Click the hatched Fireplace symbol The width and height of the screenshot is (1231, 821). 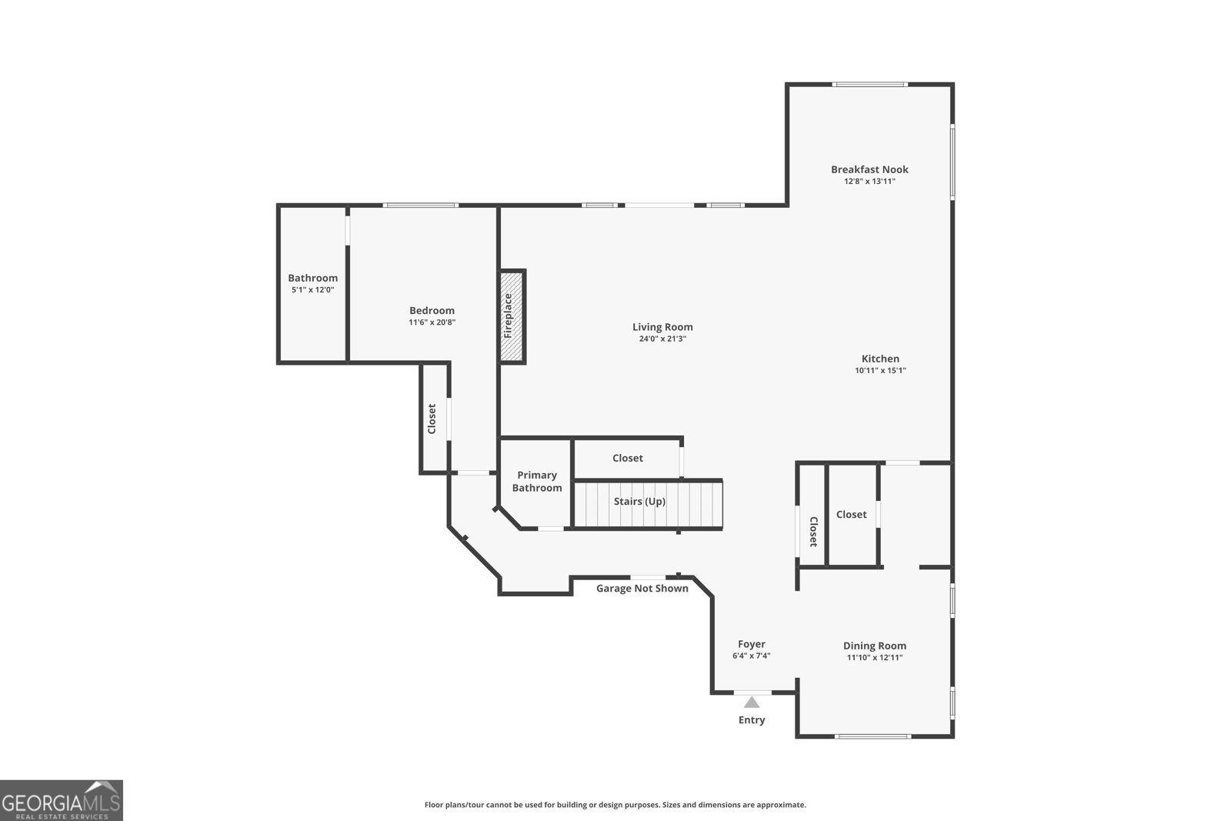coord(512,316)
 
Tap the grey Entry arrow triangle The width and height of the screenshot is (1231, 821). coord(752,703)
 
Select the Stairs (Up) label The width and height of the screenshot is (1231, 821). coord(639,502)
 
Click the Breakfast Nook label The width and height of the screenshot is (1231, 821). coord(869,169)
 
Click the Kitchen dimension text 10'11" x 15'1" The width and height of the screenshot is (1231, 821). coord(880,370)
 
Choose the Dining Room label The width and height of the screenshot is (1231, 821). coord(875,646)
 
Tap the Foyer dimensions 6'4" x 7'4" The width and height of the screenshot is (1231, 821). coord(751,656)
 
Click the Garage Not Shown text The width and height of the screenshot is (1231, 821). coord(642,589)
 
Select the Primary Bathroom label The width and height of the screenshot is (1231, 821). coord(537,482)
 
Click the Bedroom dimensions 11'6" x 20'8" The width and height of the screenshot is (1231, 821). coord(432,322)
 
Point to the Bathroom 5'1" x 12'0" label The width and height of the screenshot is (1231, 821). coord(312,283)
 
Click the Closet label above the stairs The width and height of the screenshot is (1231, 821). coord(627,458)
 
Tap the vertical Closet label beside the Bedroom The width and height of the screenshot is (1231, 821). coord(432,419)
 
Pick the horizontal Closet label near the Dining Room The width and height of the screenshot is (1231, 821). coord(851,515)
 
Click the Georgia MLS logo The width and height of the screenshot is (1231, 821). coord(62,800)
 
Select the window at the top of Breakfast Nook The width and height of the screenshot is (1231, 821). coord(871,85)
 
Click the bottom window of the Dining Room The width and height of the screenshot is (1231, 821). coord(873,736)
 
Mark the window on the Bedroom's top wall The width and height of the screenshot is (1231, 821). coord(421,205)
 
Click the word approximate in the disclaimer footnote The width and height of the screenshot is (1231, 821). coord(781,805)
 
